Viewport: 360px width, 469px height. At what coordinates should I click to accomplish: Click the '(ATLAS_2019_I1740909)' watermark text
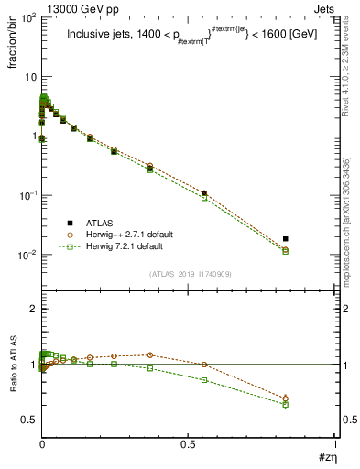190,273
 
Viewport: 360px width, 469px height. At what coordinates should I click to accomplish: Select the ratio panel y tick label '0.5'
29,420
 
